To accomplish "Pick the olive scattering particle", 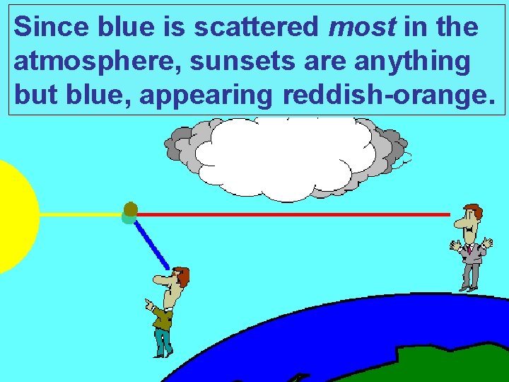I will point(131,209).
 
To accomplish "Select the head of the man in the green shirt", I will point(176,279).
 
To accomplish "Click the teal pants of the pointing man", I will point(163,342).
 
